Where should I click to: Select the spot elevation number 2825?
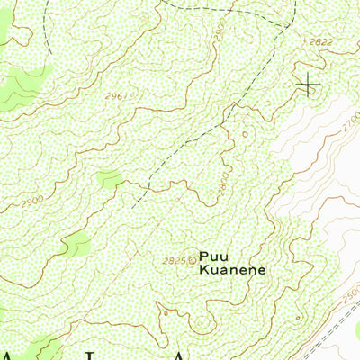click(x=174, y=260)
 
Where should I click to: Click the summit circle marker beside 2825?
click(x=191, y=260)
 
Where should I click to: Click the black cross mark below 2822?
click(x=308, y=85)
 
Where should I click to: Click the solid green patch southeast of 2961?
click(x=110, y=178)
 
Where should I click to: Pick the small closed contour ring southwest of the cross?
click(x=245, y=135)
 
